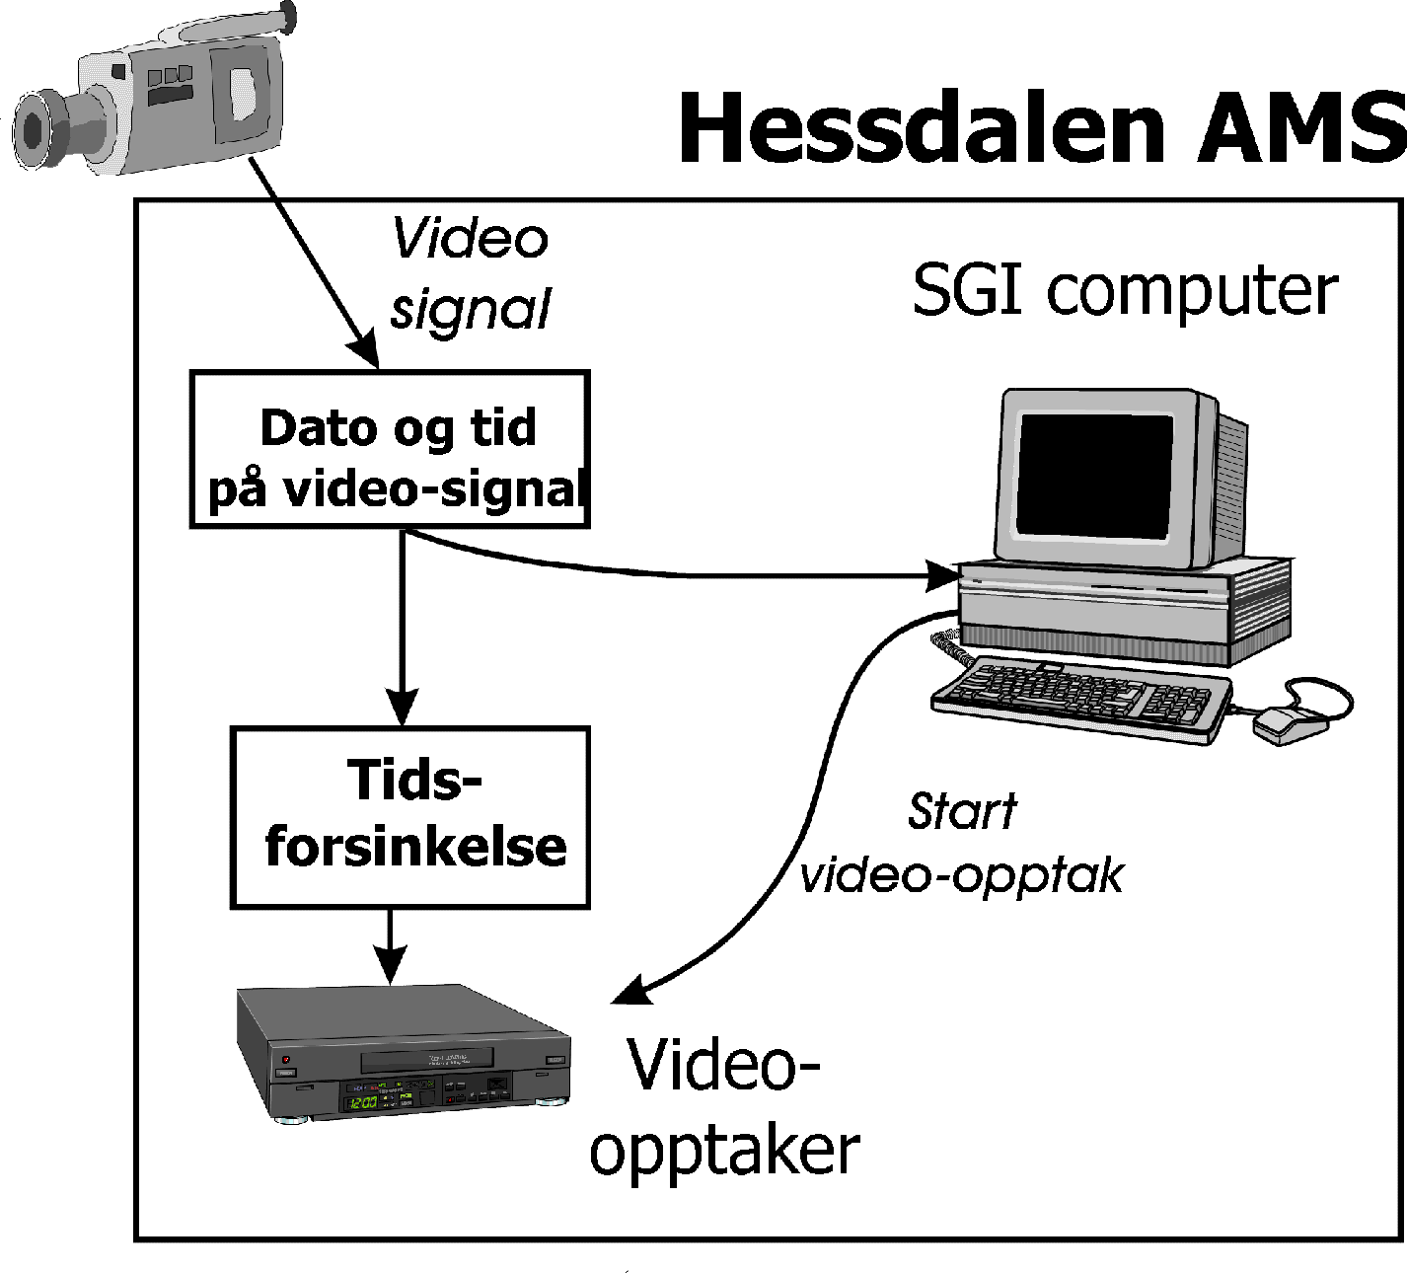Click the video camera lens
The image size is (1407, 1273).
[35, 129]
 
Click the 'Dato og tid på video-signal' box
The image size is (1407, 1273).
[390, 450]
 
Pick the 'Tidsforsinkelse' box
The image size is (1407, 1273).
[409, 817]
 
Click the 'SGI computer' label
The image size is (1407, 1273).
[1125, 290]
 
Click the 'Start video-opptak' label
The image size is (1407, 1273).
[962, 843]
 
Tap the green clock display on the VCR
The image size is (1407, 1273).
[361, 1101]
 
